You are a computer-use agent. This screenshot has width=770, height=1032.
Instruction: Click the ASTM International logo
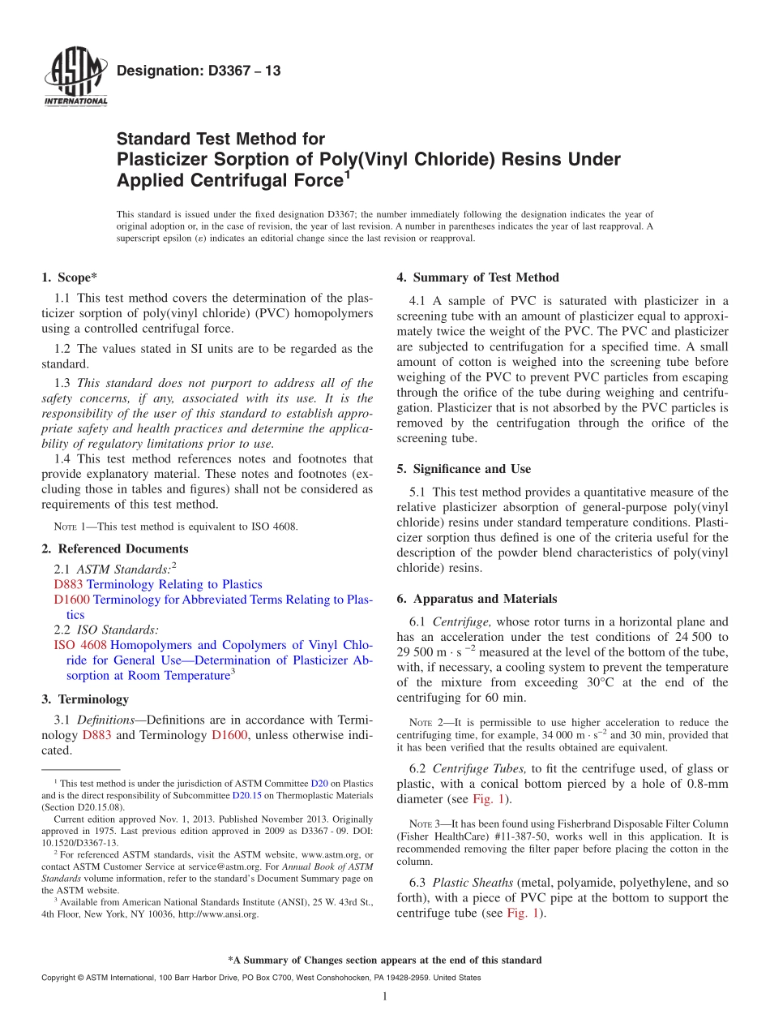pyautogui.click(x=75, y=77)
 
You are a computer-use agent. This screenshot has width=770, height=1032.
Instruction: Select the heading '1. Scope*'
pyautogui.click(x=70, y=277)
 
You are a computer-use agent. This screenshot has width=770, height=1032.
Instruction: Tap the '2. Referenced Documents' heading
pyautogui.click(x=115, y=548)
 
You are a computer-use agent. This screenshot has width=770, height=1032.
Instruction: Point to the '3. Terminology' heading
pyautogui.click(x=85, y=699)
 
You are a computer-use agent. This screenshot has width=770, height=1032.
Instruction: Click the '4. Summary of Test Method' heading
pyautogui.click(x=477, y=277)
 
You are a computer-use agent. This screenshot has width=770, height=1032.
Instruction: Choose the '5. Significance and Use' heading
pyautogui.click(x=464, y=469)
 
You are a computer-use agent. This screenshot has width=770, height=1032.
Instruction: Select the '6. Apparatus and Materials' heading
pyautogui.click(x=477, y=599)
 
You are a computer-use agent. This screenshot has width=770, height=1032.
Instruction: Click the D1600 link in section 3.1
pyautogui.click(x=228, y=735)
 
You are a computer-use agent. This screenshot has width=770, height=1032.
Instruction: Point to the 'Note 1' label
pyautogui.click(x=68, y=526)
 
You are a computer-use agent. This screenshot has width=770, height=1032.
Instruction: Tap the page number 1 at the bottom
pyautogui.click(x=384, y=996)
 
